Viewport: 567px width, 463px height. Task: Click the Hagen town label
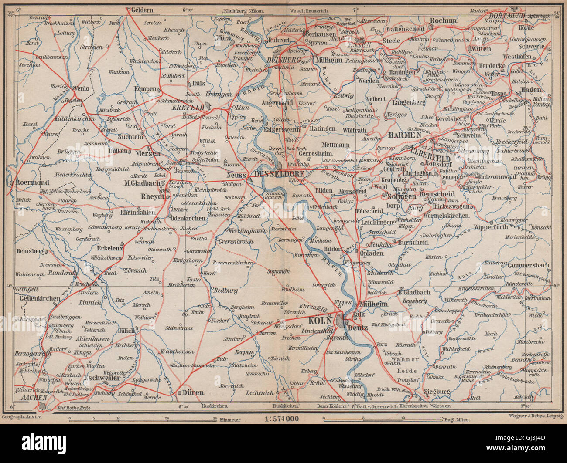(531, 90)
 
